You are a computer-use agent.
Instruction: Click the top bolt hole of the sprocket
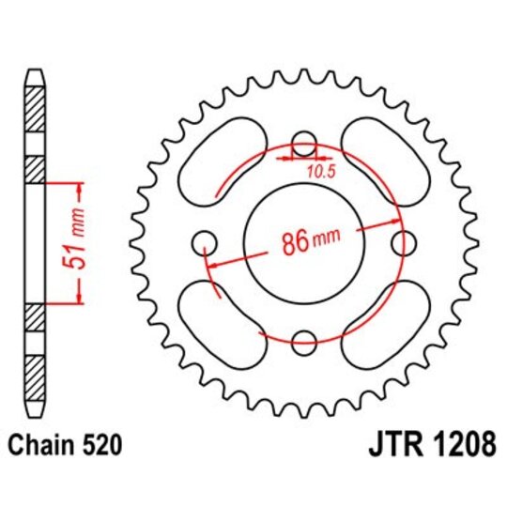303,145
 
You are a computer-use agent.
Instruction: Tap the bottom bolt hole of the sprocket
303,342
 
